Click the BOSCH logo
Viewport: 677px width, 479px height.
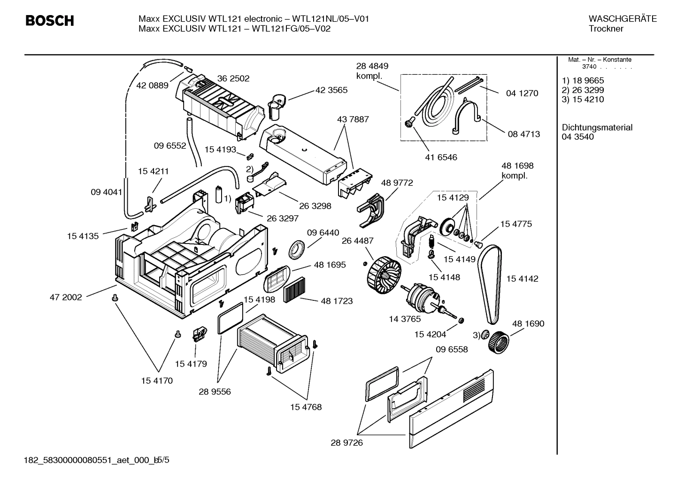pos(49,21)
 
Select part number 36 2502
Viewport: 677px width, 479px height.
pos(233,79)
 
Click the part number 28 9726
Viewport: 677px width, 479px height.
pos(346,443)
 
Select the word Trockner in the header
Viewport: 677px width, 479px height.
pos(606,29)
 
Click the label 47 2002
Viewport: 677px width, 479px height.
pos(66,297)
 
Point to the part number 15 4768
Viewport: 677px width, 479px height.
pos(306,407)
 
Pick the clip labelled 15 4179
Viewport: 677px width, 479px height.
pos(199,334)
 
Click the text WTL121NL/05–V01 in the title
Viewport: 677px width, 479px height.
pos(331,19)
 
